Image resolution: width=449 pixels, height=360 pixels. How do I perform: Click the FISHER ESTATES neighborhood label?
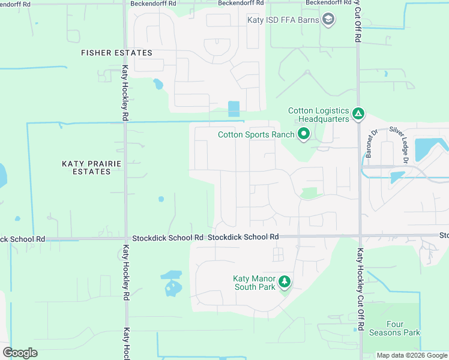[116, 53]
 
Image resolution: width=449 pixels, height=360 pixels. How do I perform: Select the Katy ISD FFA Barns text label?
[283, 20]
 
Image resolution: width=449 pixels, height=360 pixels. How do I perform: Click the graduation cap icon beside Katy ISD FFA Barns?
[328, 20]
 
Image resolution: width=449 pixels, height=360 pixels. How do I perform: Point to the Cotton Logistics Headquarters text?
[318, 115]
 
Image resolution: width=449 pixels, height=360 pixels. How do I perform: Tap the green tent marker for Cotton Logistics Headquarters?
[358, 113]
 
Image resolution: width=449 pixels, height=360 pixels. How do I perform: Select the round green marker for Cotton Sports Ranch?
[304, 134]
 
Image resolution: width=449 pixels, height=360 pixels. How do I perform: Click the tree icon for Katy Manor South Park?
[285, 281]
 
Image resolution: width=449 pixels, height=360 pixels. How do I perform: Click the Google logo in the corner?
[20, 352]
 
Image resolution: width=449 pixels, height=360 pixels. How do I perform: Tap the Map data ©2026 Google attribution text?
[411, 355]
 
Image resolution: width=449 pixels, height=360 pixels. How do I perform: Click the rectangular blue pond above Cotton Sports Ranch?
[234, 109]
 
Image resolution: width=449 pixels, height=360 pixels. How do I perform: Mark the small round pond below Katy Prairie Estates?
[161, 199]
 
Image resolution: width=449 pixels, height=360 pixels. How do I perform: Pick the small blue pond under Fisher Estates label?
[158, 84]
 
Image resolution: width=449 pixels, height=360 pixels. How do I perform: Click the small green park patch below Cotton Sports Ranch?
[309, 193]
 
